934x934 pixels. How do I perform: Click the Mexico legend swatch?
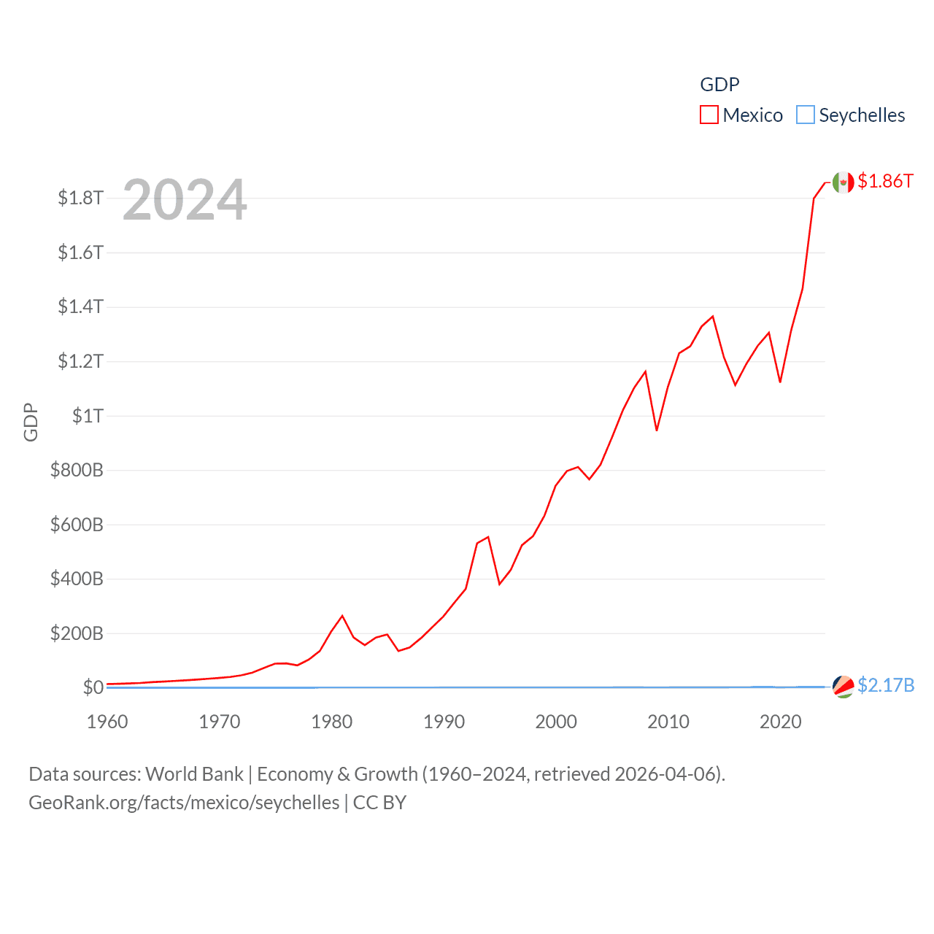point(709,115)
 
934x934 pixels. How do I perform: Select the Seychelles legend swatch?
point(806,115)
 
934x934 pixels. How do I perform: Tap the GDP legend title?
point(719,85)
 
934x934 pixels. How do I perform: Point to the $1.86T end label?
point(885,181)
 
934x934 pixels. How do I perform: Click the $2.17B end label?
point(886,685)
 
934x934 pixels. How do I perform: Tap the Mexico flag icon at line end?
point(844,182)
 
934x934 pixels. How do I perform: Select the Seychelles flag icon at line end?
point(844,687)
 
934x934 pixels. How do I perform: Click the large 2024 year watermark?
point(185,200)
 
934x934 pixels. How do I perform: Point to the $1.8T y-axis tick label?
point(80,198)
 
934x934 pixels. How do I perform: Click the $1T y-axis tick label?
point(88,416)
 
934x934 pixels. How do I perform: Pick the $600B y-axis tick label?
point(77,525)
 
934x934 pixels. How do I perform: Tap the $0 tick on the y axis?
point(93,687)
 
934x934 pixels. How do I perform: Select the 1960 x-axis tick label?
point(107,722)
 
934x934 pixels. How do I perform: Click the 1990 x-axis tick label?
point(444,722)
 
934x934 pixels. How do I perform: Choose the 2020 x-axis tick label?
point(781,722)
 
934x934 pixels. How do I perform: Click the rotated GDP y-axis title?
point(31,422)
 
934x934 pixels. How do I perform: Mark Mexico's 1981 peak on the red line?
point(342,616)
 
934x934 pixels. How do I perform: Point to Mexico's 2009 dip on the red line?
point(657,431)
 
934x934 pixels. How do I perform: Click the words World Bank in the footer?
point(194,773)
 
